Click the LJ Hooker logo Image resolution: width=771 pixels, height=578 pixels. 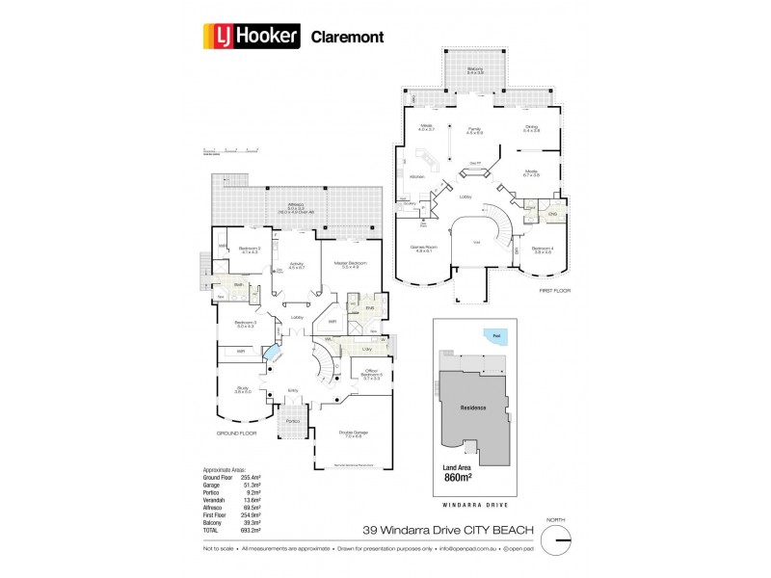tap(253, 38)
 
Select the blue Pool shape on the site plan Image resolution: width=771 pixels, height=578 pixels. tap(493, 335)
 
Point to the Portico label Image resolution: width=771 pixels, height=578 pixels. tap(294, 421)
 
